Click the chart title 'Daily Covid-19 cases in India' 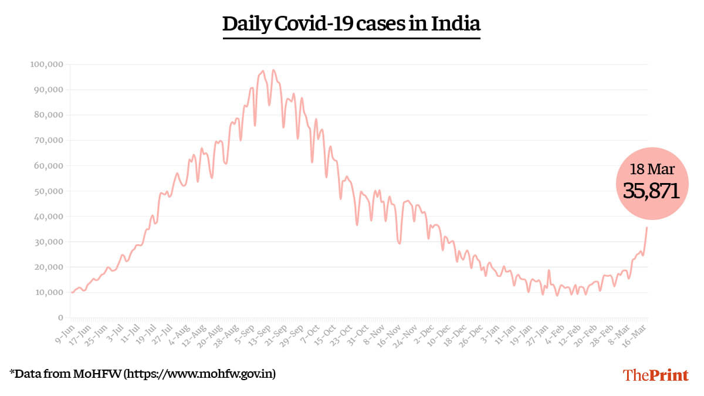pos(351,24)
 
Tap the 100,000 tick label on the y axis pos(46,65)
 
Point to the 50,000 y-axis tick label pos(48,191)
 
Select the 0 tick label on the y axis pos(60,318)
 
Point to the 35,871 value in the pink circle pos(651,191)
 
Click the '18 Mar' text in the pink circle pos(651,170)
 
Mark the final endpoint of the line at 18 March pos(647,228)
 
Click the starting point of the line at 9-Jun pos(72,292)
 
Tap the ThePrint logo pos(655,375)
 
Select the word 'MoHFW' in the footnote pos(99,373)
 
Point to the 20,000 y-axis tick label pos(48,267)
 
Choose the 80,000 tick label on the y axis pos(48,115)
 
